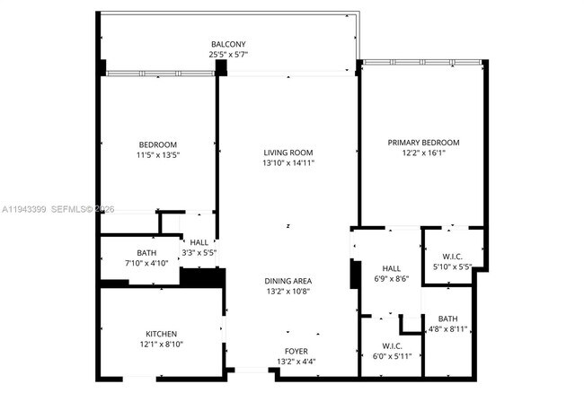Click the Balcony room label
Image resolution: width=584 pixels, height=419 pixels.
(228, 44)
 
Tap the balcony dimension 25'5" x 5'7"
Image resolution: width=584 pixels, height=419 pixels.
(228, 54)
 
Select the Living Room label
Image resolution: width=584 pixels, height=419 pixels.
(288, 153)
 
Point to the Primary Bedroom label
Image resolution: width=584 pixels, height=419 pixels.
(423, 143)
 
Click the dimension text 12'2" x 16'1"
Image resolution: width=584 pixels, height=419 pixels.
(423, 153)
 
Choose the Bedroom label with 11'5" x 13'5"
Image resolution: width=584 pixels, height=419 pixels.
(157, 144)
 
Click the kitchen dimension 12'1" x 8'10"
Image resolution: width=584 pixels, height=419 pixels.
(161, 345)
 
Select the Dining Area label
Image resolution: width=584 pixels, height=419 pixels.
(288, 281)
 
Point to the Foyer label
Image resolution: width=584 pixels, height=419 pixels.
(295, 352)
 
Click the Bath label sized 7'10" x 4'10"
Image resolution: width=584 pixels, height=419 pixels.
(146, 252)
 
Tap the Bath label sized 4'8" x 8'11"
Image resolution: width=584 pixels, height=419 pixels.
(447, 319)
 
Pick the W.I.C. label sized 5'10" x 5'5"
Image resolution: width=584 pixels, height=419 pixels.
(453, 256)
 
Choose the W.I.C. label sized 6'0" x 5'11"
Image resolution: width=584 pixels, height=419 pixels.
(392, 345)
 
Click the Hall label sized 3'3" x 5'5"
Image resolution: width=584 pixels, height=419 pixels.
(199, 242)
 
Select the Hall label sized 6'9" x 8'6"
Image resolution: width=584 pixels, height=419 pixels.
(392, 268)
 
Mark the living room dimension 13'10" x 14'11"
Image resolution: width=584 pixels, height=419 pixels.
(288, 163)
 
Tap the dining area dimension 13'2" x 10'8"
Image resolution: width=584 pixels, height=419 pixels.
(288, 292)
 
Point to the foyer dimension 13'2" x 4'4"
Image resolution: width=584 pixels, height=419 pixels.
(295, 362)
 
